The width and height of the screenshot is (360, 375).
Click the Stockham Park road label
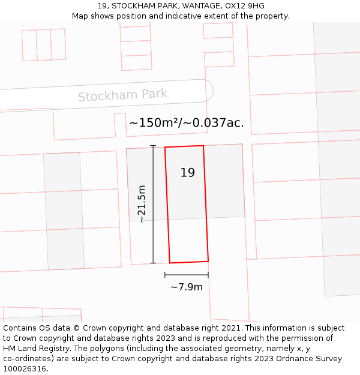122,95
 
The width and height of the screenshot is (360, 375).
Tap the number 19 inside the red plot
187,173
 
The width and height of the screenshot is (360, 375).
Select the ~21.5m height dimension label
142,204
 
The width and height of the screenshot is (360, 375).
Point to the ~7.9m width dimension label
187,287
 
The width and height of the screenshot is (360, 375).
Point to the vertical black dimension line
153,204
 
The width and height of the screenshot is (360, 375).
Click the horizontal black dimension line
187,275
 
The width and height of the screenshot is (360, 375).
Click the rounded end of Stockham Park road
209,91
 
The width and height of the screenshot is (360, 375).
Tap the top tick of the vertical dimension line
153,146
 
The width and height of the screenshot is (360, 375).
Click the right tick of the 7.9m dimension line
208,275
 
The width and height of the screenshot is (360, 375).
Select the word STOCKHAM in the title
131,6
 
